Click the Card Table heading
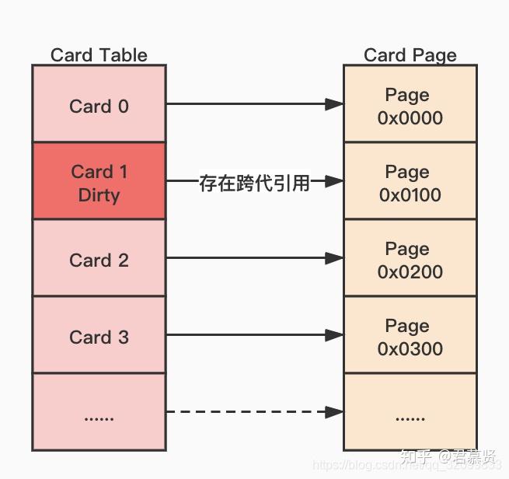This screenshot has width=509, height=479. pos(99,55)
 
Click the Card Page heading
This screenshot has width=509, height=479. pos(410,55)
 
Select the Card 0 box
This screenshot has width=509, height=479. pos(99,106)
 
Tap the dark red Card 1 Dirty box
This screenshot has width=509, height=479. pos(99,182)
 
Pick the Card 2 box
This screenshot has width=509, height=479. pos(99,260)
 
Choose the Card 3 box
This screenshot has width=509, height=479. pos(99,337)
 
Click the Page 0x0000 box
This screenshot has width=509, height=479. pos(410,106)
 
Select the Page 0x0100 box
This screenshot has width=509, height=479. pos(410,182)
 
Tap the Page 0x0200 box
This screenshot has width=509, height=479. pos(410,260)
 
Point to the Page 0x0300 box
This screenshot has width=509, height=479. pos(410,337)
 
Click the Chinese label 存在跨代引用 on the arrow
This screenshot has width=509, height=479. pos(254,184)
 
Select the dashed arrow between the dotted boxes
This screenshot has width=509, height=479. pos(249,411)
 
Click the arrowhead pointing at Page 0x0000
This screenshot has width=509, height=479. pos(334,103)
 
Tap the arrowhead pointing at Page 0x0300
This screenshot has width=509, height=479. pos(334,335)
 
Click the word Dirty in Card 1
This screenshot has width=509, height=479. pos(99,194)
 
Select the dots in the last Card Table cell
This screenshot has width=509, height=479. pos(99,417)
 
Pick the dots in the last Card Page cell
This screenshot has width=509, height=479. pos(410,417)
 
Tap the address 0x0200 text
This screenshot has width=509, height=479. pos(410,271)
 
